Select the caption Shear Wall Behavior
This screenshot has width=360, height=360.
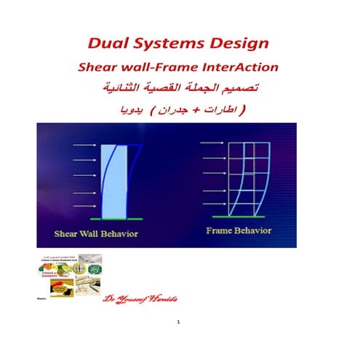pyautogui.click(x=97, y=234)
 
